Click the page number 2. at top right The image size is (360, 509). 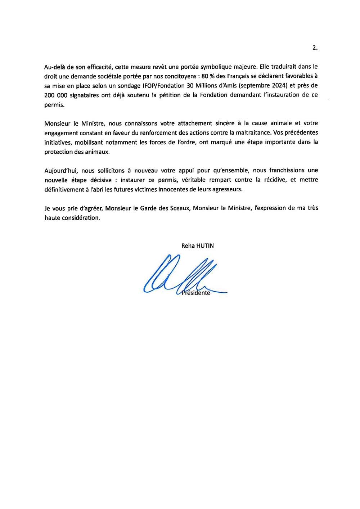[315, 48]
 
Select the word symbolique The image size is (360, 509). [216, 67]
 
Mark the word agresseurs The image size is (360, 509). [226, 189]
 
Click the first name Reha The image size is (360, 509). [188, 246]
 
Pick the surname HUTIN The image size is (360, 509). [205, 246]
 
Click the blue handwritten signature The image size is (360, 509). [180, 275]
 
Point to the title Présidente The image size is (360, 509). [196, 293]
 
